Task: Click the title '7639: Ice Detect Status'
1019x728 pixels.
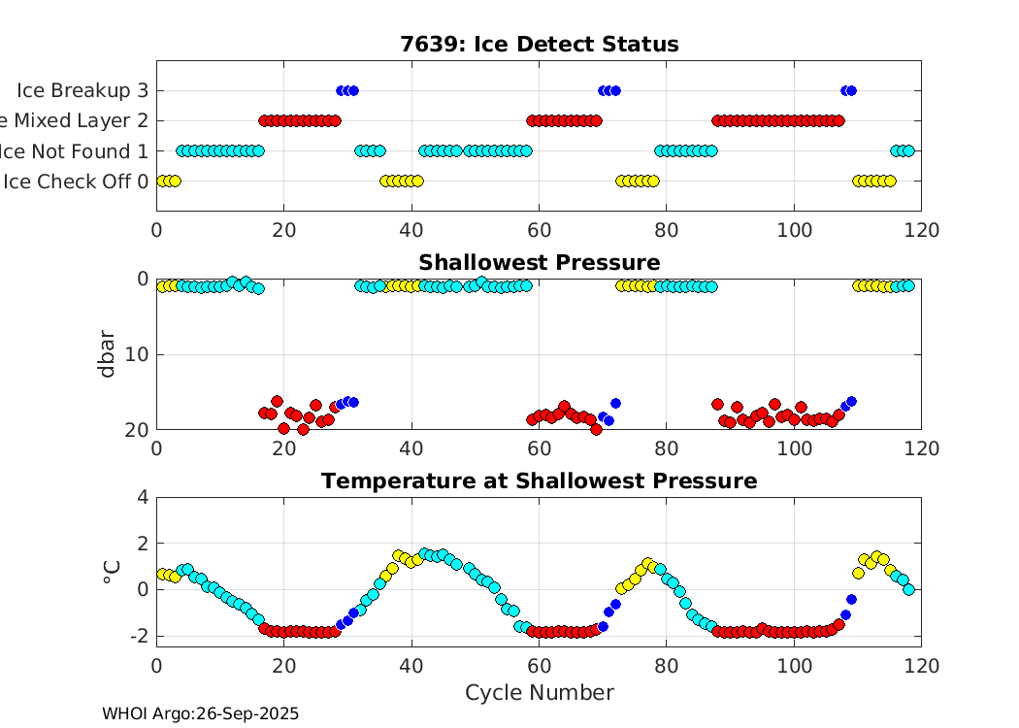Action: (539, 45)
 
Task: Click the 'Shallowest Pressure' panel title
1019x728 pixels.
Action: (539, 263)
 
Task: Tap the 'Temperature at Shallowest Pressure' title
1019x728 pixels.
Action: (539, 481)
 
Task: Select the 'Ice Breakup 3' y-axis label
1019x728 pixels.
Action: (82, 90)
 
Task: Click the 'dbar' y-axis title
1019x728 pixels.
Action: (109, 353)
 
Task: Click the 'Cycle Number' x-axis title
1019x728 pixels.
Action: (539, 692)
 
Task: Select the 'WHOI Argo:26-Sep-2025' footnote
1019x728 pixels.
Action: (200, 713)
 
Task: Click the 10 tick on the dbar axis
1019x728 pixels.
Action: (137, 354)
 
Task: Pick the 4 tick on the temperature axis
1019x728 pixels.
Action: (143, 497)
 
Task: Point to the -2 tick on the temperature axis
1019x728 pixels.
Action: (137, 636)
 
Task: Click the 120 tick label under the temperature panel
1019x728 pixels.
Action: (921, 666)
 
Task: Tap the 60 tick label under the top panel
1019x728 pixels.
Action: (539, 230)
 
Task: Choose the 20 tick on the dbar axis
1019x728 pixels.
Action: (137, 429)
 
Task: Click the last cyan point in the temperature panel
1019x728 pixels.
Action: (908, 589)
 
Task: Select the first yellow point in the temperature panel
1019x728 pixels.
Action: (162, 574)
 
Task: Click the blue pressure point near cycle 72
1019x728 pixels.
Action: (614, 403)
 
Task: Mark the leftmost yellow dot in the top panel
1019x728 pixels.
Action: (162, 181)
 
